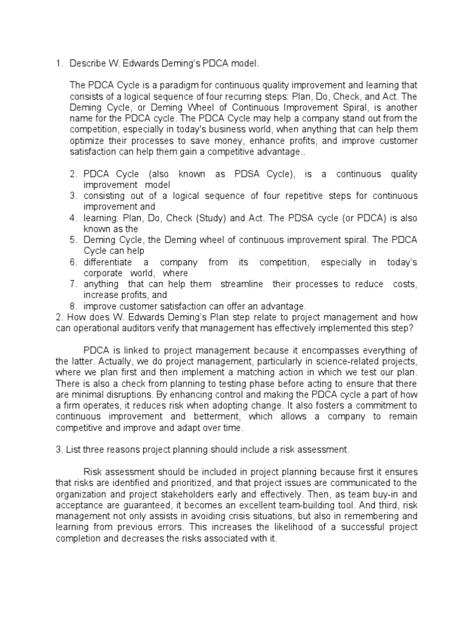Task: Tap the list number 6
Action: [72, 263]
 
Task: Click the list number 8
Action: [72, 307]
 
